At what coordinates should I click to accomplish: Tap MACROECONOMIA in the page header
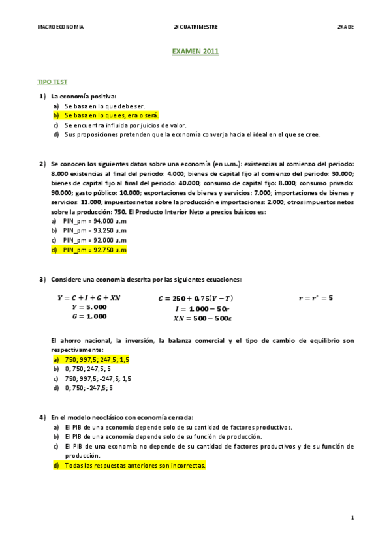(61, 27)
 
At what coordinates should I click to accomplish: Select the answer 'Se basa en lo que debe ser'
(104, 106)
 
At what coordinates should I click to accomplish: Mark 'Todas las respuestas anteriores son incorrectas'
(134, 466)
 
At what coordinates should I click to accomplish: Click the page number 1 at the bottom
(352, 518)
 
